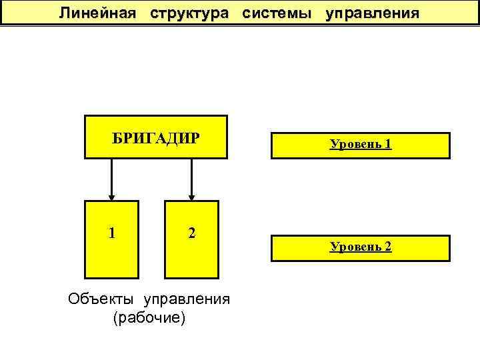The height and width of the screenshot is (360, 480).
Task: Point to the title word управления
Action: pyautogui.click(x=373, y=13)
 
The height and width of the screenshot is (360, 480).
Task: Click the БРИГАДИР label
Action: pyautogui.click(x=155, y=137)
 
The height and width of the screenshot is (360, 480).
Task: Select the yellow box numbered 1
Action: pyautogui.click(x=111, y=253)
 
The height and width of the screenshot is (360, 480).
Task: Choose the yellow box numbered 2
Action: pyautogui.click(x=191, y=253)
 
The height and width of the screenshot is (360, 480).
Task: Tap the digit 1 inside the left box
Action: pyautogui.click(x=111, y=233)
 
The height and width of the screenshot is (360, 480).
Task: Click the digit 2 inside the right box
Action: pyautogui.click(x=191, y=233)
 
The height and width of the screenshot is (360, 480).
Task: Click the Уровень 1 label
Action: pyautogui.click(x=361, y=143)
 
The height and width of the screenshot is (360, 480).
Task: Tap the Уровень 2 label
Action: pyautogui.click(x=361, y=247)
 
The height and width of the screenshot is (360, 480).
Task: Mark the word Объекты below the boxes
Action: pyautogui.click(x=97, y=299)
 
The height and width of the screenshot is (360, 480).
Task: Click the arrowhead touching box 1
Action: pyautogui.click(x=111, y=196)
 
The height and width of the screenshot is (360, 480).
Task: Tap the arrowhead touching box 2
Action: pyautogui.click(x=191, y=196)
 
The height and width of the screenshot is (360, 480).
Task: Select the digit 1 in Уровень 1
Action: pyautogui.click(x=387, y=143)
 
